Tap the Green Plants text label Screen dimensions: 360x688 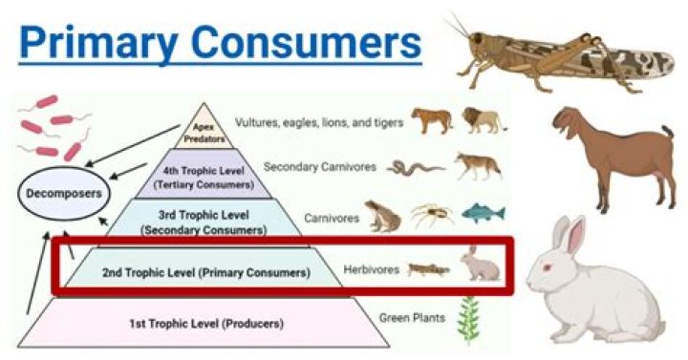coord(412,317)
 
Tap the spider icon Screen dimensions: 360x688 coord(433,215)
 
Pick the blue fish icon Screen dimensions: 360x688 coord(483,213)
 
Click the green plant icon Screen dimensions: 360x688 coord(468,318)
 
